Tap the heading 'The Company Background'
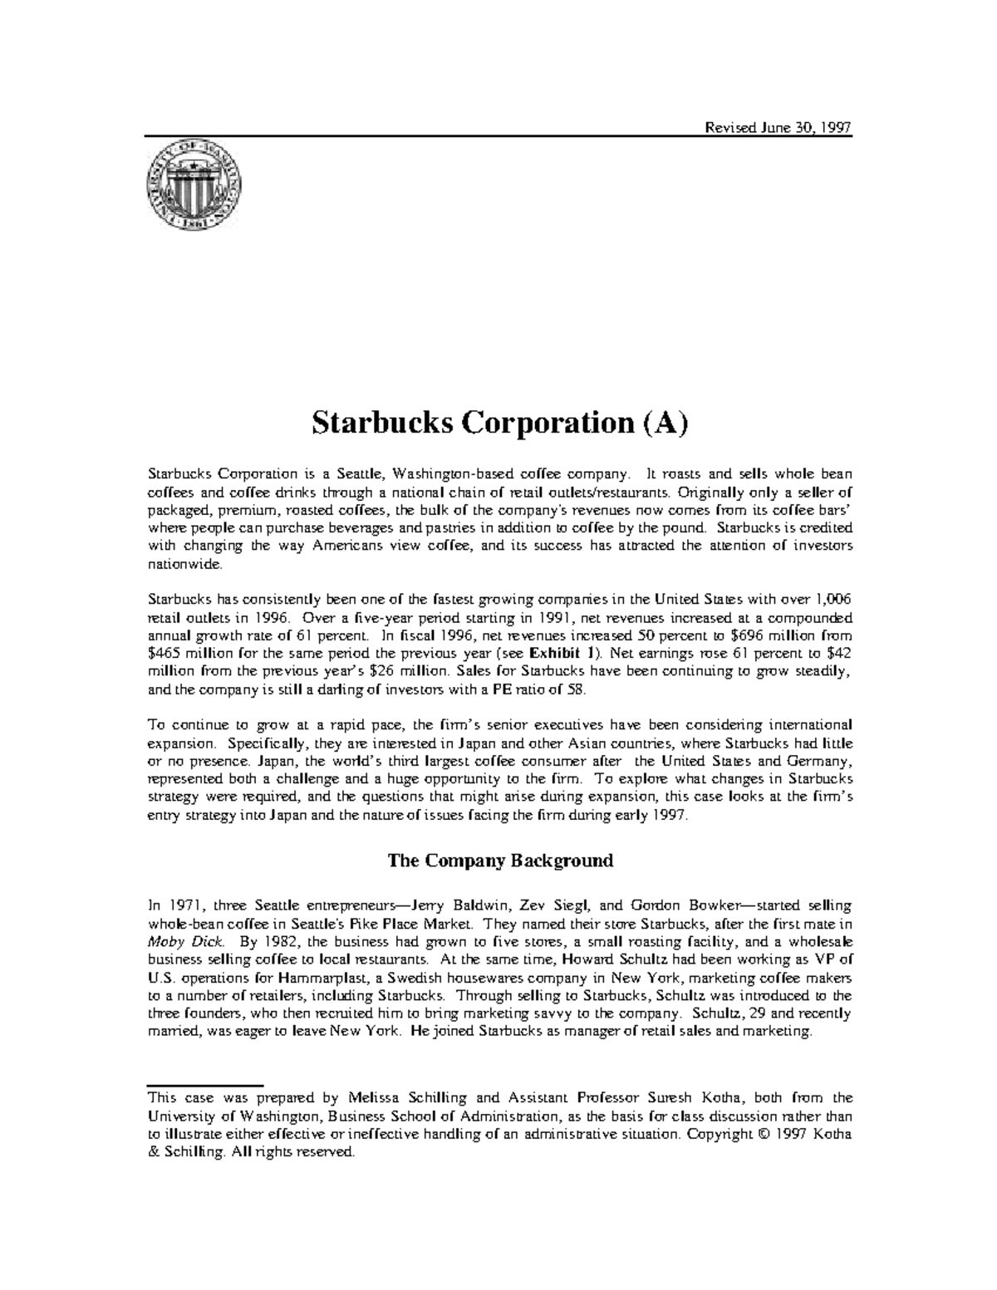click(x=500, y=860)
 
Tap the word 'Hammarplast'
click(x=317, y=978)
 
